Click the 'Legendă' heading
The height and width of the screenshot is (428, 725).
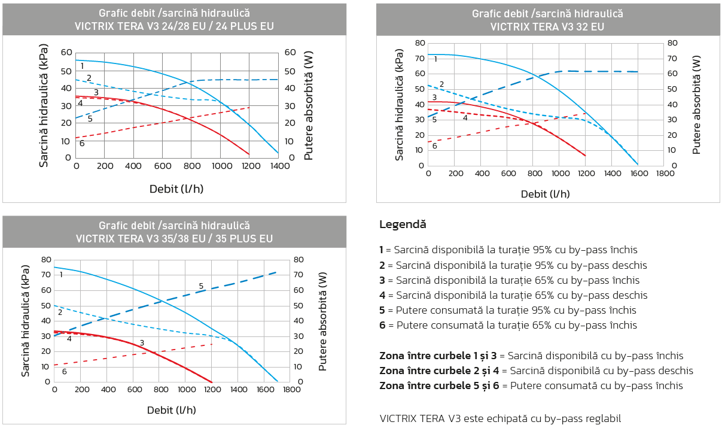(403, 224)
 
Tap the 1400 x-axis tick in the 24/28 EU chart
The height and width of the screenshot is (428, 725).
(280, 166)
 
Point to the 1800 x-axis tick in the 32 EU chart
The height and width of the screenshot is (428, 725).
(665, 174)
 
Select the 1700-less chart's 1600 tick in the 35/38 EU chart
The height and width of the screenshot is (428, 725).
(266, 389)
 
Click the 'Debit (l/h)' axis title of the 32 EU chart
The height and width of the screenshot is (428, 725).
(545, 194)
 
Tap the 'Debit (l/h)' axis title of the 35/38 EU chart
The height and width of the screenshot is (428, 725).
(172, 410)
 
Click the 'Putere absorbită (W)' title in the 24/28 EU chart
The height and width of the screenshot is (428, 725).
(309, 105)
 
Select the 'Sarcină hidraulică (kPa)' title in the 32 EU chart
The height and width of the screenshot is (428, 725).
(399, 105)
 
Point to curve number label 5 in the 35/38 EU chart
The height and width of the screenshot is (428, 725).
(201, 286)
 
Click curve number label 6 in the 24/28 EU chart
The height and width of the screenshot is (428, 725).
(82, 143)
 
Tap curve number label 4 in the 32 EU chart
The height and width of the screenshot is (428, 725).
(465, 118)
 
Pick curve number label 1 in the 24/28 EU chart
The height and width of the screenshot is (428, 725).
(82, 66)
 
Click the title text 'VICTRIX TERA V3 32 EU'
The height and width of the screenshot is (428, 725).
(547, 26)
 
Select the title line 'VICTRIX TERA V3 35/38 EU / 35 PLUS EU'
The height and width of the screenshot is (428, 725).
(174, 239)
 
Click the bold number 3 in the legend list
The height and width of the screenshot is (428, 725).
(382, 280)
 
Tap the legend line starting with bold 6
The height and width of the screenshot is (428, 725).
(508, 325)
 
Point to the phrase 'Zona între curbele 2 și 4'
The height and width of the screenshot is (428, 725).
(439, 371)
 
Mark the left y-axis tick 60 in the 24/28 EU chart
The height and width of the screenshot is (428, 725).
(66, 52)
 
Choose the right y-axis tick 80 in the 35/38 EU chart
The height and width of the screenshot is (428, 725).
(298, 260)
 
